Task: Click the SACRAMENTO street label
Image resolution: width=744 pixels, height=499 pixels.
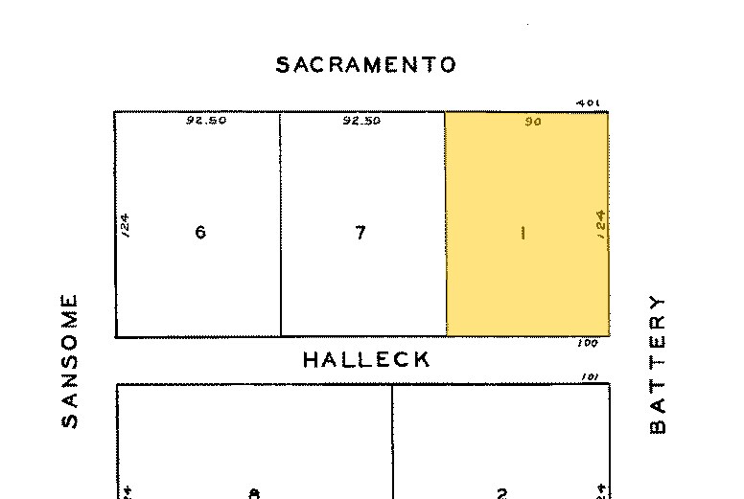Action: coord(365,65)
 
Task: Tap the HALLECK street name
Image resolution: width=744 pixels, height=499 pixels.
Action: coord(366,360)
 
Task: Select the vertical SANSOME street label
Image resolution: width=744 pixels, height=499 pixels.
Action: coord(70,360)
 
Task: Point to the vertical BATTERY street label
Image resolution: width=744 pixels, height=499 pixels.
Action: coord(657,363)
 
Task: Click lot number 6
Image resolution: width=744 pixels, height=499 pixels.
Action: coord(200,232)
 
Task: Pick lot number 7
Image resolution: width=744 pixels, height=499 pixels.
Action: coord(360,232)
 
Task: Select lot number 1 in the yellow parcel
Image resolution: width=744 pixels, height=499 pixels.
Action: coord(523,232)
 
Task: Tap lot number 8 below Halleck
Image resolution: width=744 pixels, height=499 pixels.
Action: coord(254,493)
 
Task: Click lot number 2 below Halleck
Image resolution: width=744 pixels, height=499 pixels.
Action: coord(501,493)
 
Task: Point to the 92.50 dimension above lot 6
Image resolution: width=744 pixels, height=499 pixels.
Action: coord(206,122)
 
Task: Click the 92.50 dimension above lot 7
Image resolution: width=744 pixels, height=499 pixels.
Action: coord(361,122)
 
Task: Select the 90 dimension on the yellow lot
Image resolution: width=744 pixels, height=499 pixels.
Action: coord(533,122)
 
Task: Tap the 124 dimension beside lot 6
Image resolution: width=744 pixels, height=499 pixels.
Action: coord(126,225)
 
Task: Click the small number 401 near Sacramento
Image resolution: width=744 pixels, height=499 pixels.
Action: coord(587,103)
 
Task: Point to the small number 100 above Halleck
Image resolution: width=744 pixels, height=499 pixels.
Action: coord(588,343)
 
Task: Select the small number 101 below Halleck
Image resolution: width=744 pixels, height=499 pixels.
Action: coord(590,377)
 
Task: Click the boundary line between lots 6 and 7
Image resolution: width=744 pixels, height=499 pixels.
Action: coord(280,225)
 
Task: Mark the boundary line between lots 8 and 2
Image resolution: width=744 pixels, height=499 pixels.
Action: coord(392,441)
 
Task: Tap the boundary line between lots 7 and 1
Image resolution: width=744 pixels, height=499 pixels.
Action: coord(445,225)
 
